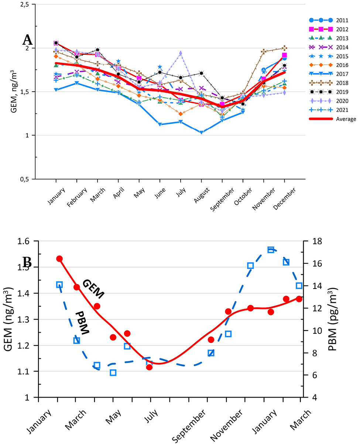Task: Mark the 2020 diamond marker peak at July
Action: coord(181,53)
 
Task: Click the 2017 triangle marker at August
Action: coord(201,132)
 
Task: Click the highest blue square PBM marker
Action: coord(271,250)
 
